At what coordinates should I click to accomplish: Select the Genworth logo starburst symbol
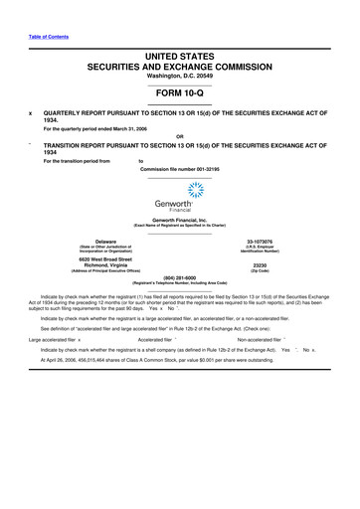pos(181,189)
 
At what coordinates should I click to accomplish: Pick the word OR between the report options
pos(180,136)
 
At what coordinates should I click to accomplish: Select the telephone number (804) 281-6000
pos(180,277)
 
